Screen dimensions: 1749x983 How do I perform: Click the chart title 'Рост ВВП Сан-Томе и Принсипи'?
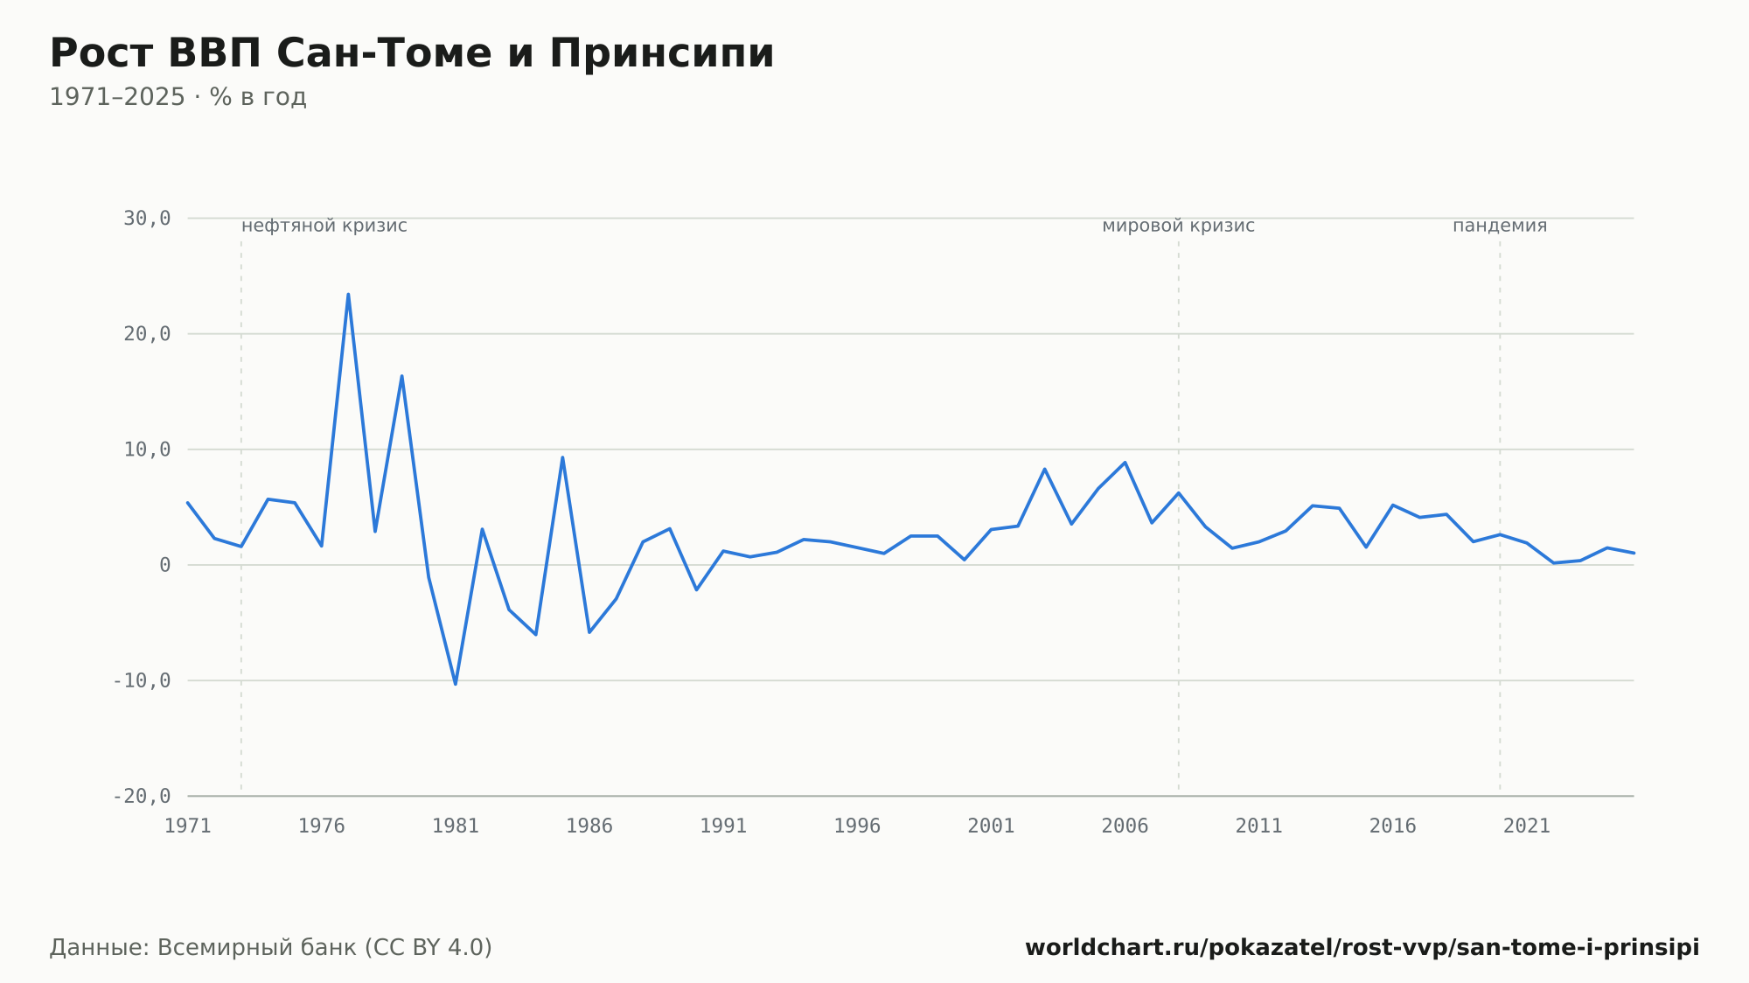[x=412, y=53]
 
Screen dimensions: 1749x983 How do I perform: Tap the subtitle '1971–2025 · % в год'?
[x=178, y=97]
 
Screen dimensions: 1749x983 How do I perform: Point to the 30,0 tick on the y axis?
[x=147, y=219]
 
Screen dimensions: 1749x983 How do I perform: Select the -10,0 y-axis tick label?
[x=142, y=680]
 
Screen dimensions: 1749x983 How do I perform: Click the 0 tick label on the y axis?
[x=165, y=565]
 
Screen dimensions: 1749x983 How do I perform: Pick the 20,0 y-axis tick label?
[x=147, y=334]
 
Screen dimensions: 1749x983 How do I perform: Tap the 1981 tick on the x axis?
[x=456, y=826]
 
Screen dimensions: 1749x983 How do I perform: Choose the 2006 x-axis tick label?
[x=1125, y=826]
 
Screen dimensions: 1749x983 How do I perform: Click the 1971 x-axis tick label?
[x=188, y=826]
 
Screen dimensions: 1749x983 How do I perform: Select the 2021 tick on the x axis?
[x=1527, y=826]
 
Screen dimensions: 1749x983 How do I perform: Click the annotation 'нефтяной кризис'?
[x=324, y=226]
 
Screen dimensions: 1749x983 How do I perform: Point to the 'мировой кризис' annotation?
[x=1178, y=226]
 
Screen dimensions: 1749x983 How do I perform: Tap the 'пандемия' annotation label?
[x=1500, y=226]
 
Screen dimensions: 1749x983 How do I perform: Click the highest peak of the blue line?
[x=348, y=294]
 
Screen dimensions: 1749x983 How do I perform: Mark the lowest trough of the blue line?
[x=456, y=684]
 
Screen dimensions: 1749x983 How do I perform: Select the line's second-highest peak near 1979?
[x=401, y=376]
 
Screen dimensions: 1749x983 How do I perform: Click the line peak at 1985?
[x=562, y=457]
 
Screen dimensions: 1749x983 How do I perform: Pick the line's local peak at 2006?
[x=1125, y=463]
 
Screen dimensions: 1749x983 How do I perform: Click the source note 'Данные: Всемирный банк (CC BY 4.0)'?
[x=271, y=948]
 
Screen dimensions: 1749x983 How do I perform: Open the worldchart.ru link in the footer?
[x=1362, y=948]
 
